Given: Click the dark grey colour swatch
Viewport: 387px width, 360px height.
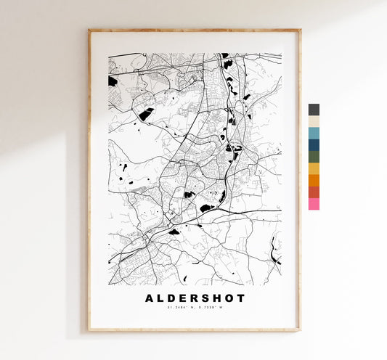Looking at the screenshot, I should pyautogui.click(x=314, y=110).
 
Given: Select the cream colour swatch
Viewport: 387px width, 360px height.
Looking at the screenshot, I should pyautogui.click(x=314, y=121).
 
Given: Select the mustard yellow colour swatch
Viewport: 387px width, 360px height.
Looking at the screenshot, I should pyautogui.click(x=314, y=168).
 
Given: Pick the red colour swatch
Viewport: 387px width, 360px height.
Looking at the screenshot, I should pyautogui.click(x=314, y=192).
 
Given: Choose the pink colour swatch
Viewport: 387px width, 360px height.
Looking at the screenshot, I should pyautogui.click(x=314, y=204).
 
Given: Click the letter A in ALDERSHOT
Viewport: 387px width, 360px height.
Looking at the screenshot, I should pyautogui.click(x=150, y=298).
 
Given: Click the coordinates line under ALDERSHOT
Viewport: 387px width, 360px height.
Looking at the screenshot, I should pyautogui.click(x=195, y=310).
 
